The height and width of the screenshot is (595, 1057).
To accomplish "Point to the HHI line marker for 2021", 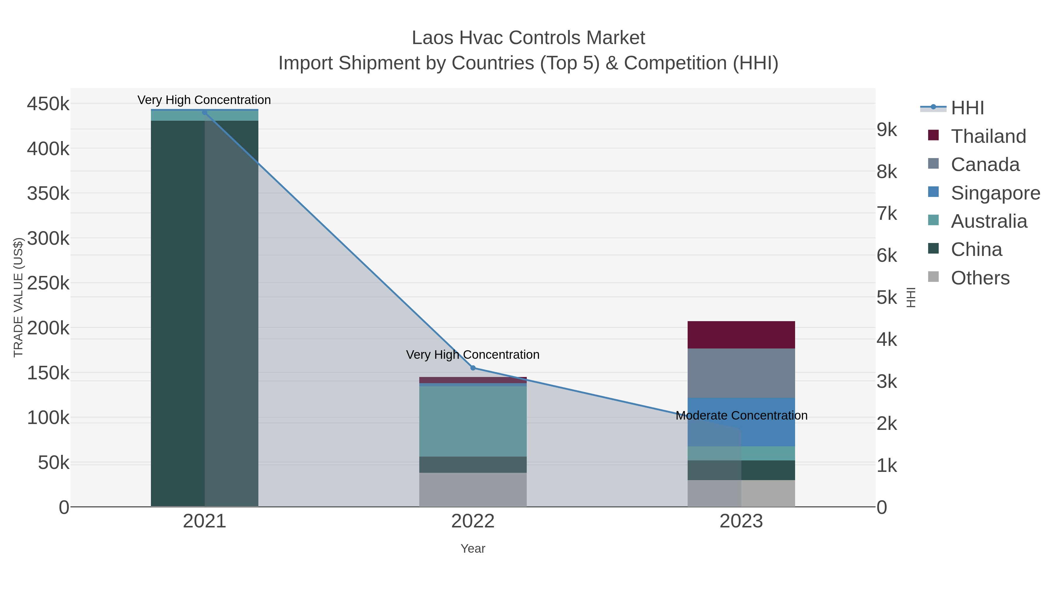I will (205, 113).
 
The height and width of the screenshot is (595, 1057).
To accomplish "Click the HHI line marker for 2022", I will (473, 368).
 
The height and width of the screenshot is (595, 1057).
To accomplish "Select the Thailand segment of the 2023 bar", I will (741, 335).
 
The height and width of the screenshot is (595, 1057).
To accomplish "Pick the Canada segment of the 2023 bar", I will (741, 373).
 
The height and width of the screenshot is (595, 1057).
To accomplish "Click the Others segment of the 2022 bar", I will (473, 490).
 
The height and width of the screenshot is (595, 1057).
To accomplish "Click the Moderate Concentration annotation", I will (741, 415).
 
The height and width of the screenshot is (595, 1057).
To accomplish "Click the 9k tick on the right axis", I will (887, 130).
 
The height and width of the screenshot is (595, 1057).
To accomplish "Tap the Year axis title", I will (473, 549).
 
